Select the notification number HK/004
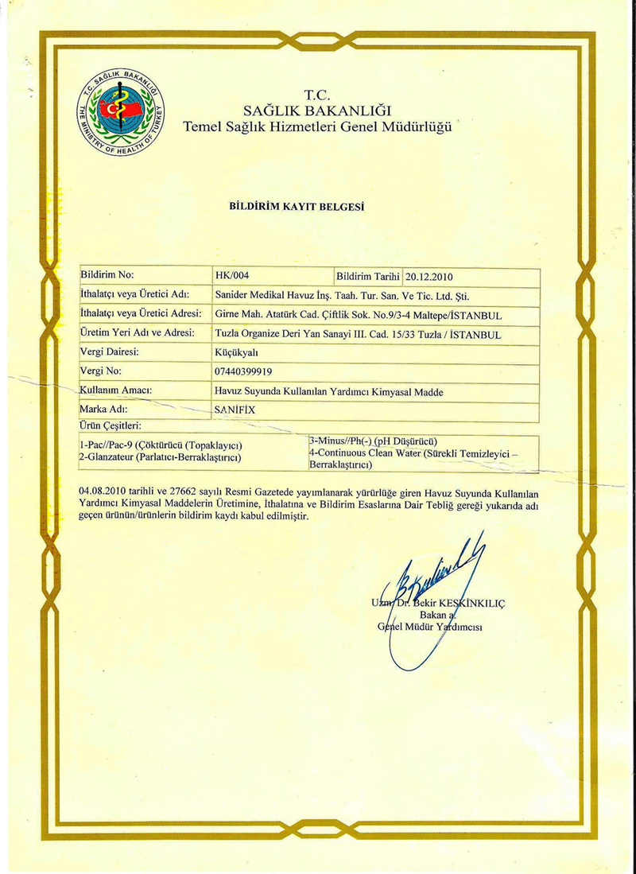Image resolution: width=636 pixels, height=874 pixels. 232,277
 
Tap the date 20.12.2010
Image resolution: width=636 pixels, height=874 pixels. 429,278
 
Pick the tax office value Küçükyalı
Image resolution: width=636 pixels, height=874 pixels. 238,352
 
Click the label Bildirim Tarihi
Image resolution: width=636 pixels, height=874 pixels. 368,277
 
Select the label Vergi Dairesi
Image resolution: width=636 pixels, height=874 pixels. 111,352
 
